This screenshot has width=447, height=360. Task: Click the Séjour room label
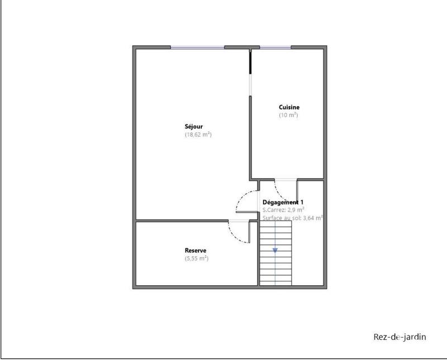point(194,127)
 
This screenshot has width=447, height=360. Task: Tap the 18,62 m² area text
point(198,135)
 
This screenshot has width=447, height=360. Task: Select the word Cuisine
point(289,107)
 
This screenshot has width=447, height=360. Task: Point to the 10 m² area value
point(288,115)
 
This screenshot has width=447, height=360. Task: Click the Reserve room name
point(196,251)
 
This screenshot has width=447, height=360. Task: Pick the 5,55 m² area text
point(196,258)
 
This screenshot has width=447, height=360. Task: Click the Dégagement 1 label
point(284,202)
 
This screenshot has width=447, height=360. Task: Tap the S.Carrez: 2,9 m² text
point(283,210)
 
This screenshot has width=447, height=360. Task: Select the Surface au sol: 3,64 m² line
point(293,218)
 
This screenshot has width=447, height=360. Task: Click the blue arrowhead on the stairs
point(275,251)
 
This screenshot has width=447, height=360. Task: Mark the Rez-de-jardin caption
point(398,337)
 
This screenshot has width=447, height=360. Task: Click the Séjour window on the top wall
point(197,47)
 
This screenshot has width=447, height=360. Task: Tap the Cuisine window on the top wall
point(274,47)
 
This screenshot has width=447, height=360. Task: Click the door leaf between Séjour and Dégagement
point(246,212)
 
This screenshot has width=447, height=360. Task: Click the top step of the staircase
point(275,225)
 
